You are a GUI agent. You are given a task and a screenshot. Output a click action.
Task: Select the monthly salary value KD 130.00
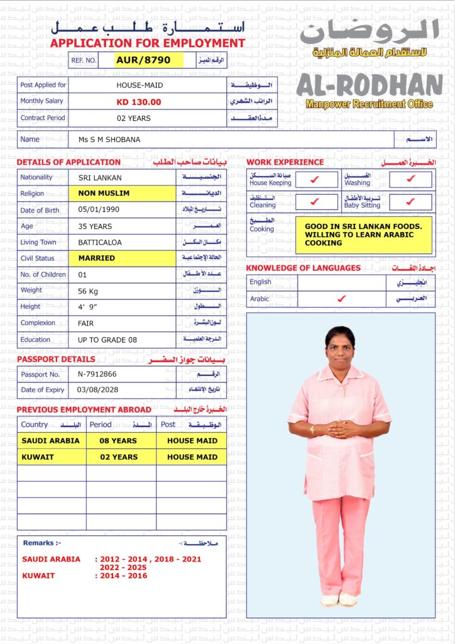(x=139, y=102)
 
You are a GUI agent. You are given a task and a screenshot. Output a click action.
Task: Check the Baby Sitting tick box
(x=410, y=202)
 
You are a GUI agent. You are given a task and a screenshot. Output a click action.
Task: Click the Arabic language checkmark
(x=341, y=299)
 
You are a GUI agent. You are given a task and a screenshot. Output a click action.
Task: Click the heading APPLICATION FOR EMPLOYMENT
(x=148, y=43)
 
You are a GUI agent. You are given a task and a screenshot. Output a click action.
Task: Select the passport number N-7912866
(x=97, y=374)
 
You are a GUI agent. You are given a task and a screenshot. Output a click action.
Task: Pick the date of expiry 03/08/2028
(x=97, y=390)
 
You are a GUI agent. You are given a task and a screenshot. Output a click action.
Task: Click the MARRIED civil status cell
(x=97, y=258)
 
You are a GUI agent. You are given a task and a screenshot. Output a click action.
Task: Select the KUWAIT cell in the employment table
(x=38, y=457)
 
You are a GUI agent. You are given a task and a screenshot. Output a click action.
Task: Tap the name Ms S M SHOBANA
(x=109, y=140)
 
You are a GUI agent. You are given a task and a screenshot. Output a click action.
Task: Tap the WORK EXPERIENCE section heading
(x=285, y=162)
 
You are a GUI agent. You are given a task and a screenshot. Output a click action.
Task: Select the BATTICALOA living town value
(x=100, y=242)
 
